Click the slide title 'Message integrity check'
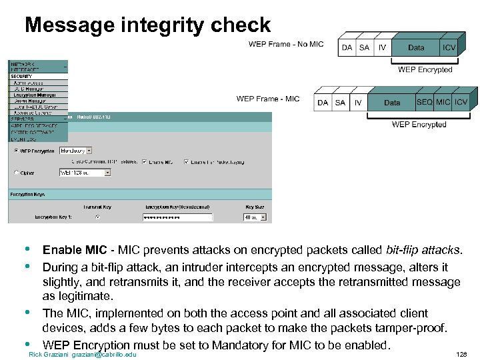(x=147, y=25)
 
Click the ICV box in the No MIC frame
(x=449, y=47)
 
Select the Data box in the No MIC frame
(x=416, y=47)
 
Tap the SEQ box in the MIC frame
(x=424, y=102)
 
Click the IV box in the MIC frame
(x=358, y=103)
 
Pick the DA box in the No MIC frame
(x=347, y=48)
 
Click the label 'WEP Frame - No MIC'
(x=285, y=45)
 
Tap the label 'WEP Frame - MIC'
(x=268, y=99)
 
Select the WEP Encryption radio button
(x=17, y=151)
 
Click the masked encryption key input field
(x=177, y=217)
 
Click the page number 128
(x=461, y=355)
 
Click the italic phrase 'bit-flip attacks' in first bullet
(x=423, y=251)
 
